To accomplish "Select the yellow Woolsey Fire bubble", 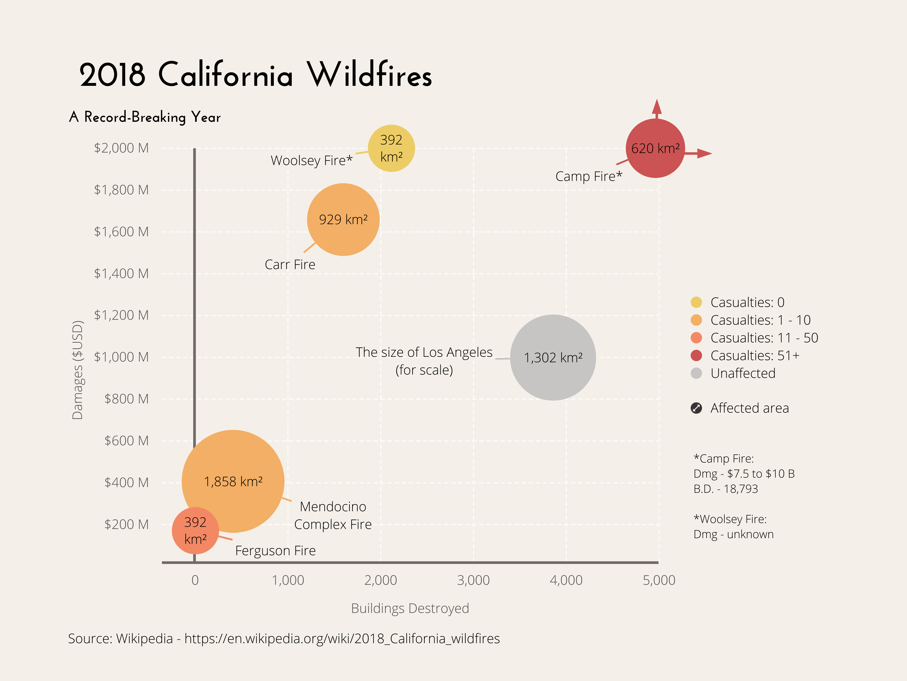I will [x=391, y=148].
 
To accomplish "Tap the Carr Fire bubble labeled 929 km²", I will [x=343, y=220].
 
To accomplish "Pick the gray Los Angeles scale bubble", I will [x=553, y=358].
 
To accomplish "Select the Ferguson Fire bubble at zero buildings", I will [x=195, y=530].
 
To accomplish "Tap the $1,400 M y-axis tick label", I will [x=121, y=273].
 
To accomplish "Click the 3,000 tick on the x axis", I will [x=473, y=581].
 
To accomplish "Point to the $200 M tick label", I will [x=126, y=524].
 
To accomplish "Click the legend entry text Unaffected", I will [x=743, y=373].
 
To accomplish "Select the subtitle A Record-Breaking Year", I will [x=145, y=117].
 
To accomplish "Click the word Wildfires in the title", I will [x=370, y=75].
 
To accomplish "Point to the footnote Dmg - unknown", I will [x=733, y=534].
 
